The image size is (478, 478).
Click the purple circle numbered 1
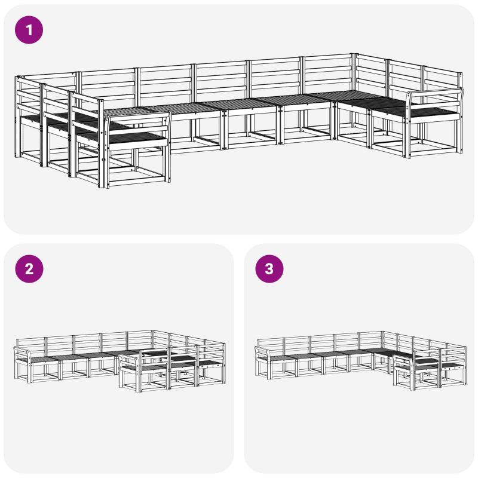29,30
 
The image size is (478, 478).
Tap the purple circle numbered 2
29,269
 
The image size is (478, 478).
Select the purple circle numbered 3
269,269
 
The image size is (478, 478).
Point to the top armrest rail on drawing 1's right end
434,93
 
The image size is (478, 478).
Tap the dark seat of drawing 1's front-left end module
137,138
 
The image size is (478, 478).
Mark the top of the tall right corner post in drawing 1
354,54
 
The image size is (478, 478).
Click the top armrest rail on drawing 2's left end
22,349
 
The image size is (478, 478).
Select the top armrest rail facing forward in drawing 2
130,355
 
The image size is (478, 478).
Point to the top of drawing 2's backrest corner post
152,331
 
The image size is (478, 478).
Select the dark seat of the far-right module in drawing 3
452,365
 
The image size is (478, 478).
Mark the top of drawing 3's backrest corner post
382,333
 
